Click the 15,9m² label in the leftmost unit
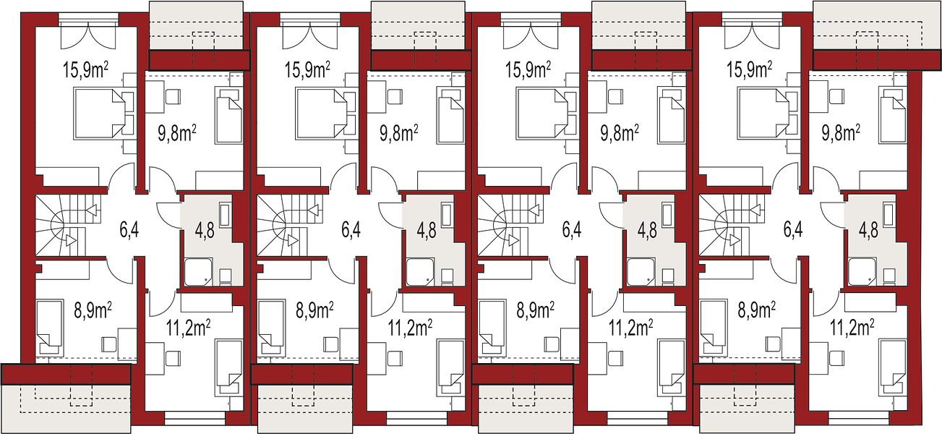[x=86, y=69]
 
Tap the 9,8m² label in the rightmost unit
[x=841, y=133]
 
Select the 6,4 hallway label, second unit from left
[x=351, y=230]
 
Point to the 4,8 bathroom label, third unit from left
[x=648, y=230]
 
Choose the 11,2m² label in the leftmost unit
[x=189, y=328]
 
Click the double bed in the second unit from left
[x=321, y=113]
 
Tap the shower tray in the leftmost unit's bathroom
[x=198, y=273]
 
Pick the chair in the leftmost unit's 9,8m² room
[x=173, y=97]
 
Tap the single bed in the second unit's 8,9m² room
[x=271, y=327]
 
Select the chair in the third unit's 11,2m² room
[x=615, y=358]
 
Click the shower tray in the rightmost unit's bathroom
[x=862, y=273]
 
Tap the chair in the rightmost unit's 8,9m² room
[x=774, y=344]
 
